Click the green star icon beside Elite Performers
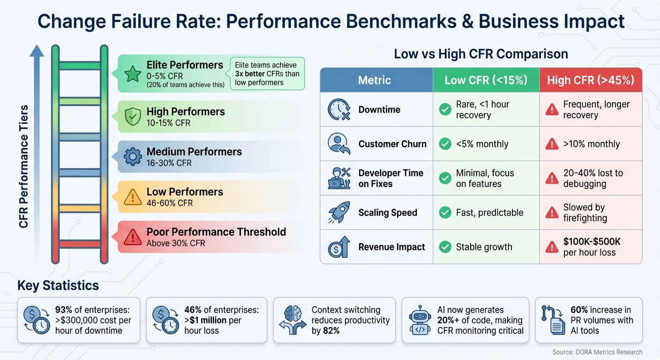pos(133,74)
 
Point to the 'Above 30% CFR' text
pos(176,243)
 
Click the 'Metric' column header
pos(374,80)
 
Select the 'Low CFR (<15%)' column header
pos(486,80)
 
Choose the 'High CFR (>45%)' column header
pos(590,80)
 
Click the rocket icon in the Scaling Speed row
pos(338,212)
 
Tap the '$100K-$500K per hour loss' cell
pos(592,247)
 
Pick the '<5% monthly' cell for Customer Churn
pos(482,144)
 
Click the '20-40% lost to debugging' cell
pos(593,178)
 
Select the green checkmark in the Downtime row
pos(444,110)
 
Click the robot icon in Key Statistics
pos(420,320)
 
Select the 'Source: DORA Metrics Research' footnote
pos(597,352)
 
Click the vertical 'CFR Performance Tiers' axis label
pos(24,166)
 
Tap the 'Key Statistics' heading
pos(58,285)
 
